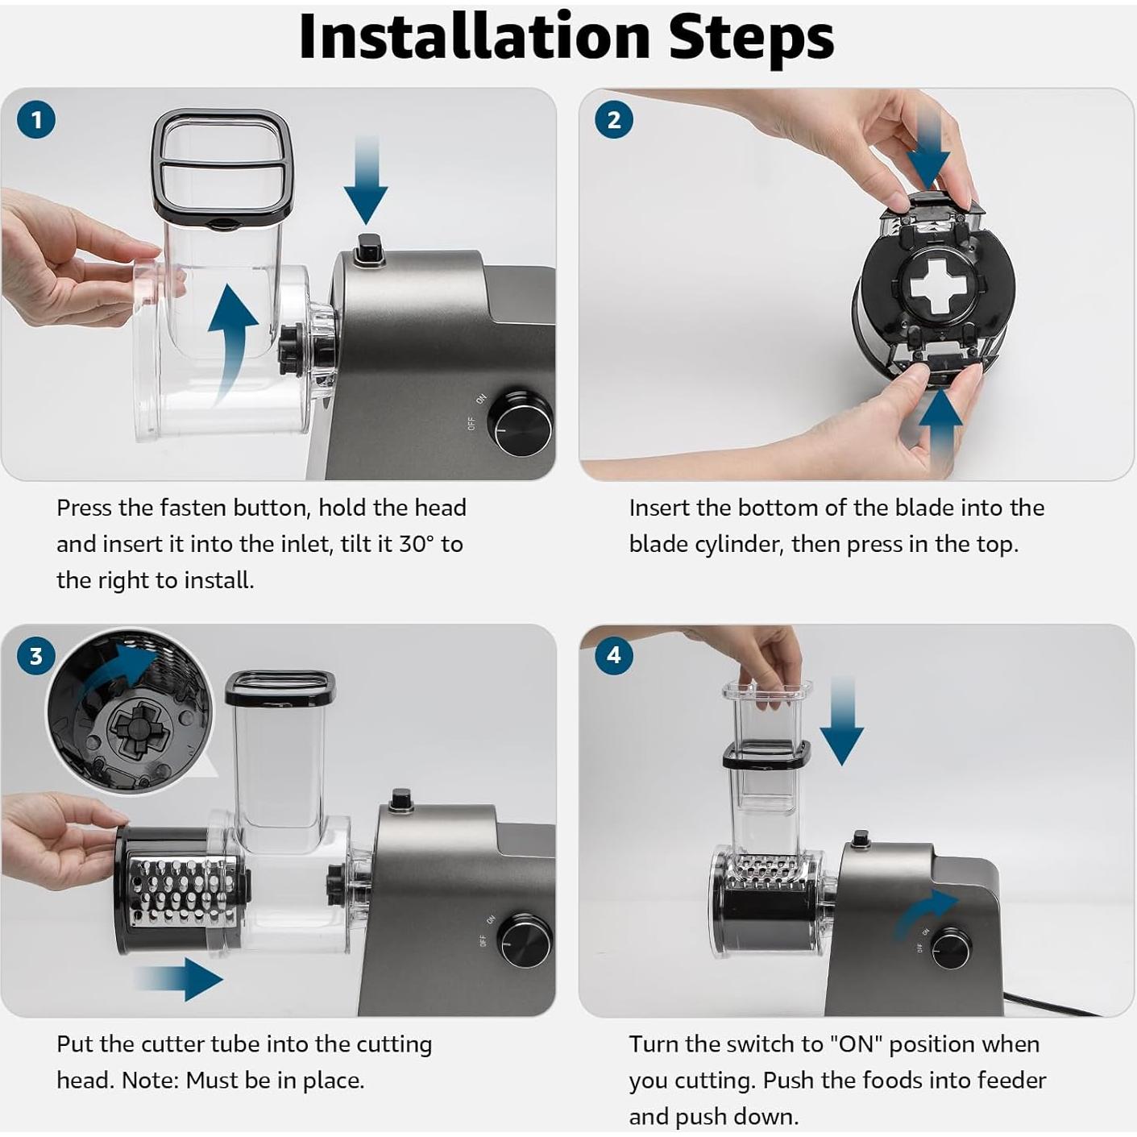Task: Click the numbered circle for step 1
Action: (x=36, y=120)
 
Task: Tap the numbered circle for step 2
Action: (x=614, y=120)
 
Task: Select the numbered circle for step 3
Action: (x=36, y=656)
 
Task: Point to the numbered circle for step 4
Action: (x=614, y=656)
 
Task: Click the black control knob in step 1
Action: (x=521, y=422)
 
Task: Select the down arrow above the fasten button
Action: (x=366, y=180)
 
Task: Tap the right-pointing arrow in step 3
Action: (x=180, y=980)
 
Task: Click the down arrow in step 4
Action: (x=842, y=721)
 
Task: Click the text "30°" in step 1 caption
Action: (x=415, y=543)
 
